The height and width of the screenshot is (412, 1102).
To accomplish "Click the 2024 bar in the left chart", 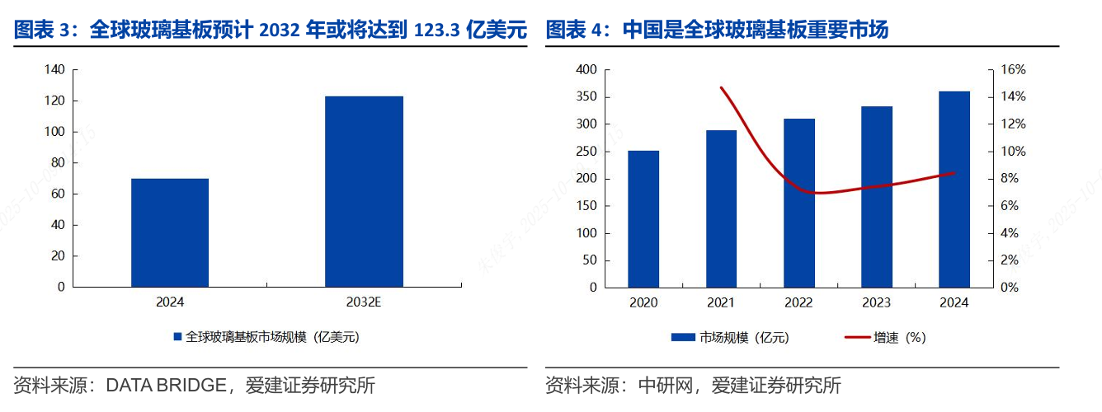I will [x=170, y=232].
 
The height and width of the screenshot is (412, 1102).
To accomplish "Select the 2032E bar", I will [x=364, y=191].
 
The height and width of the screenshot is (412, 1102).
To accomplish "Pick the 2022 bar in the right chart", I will [x=799, y=203].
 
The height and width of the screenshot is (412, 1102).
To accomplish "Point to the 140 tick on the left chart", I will [x=56, y=70].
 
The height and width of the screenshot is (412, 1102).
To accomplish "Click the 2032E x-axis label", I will [x=364, y=302].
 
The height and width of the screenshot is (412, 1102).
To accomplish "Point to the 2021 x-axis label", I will [x=721, y=302].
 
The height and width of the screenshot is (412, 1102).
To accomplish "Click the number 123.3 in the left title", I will [x=438, y=31].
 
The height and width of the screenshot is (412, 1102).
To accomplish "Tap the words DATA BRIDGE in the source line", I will [x=166, y=385].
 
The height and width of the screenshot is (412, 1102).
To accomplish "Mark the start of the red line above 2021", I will [x=721, y=87].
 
